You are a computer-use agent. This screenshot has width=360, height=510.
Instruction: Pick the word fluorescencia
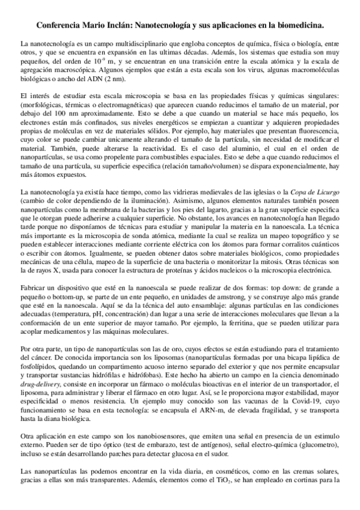click(x=316, y=129)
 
